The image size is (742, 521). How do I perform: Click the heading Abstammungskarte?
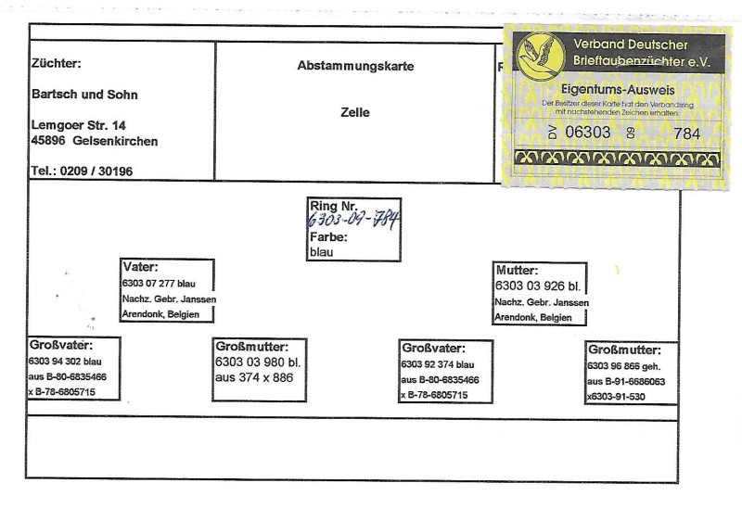354,67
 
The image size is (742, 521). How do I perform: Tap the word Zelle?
354,113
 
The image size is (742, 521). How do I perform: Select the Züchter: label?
57,64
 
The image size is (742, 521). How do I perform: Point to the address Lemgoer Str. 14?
79,124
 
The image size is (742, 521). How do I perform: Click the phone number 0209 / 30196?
96,171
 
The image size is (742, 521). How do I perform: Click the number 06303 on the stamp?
588,133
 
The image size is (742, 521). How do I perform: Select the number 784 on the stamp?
686,133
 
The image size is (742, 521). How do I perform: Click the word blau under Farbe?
323,251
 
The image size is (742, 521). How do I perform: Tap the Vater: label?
140,267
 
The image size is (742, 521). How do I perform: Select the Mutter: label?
518,271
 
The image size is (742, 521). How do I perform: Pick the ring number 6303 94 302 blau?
66,361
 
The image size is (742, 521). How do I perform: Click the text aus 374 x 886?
253,379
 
